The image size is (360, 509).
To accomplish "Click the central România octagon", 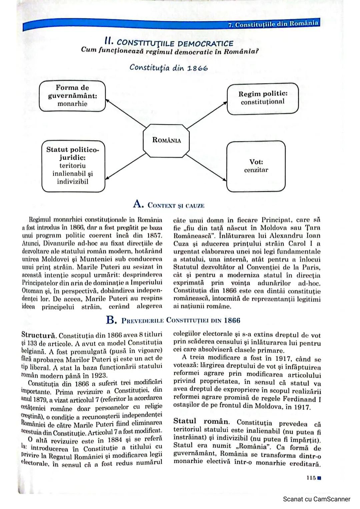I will (166, 140).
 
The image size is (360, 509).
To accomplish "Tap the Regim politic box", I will (263, 98).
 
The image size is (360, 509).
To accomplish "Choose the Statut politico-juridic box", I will (73, 166).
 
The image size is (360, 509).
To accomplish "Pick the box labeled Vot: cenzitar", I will (256, 166).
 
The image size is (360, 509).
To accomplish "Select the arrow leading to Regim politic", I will (207, 115).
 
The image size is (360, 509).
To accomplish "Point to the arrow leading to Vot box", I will (206, 168).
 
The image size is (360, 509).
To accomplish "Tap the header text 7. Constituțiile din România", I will (273, 24).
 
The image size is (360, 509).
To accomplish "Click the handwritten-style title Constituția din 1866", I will (169, 68).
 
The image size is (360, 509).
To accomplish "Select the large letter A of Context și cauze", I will (138, 204).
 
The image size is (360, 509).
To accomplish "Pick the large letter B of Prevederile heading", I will (111, 320).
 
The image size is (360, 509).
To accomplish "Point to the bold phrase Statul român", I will (201, 421).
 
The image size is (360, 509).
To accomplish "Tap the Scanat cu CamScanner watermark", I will (316, 499).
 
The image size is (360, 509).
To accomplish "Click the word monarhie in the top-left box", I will (72, 104).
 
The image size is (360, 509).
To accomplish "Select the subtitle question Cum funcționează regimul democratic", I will (170, 51).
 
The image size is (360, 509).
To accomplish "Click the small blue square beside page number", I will (319, 478).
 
